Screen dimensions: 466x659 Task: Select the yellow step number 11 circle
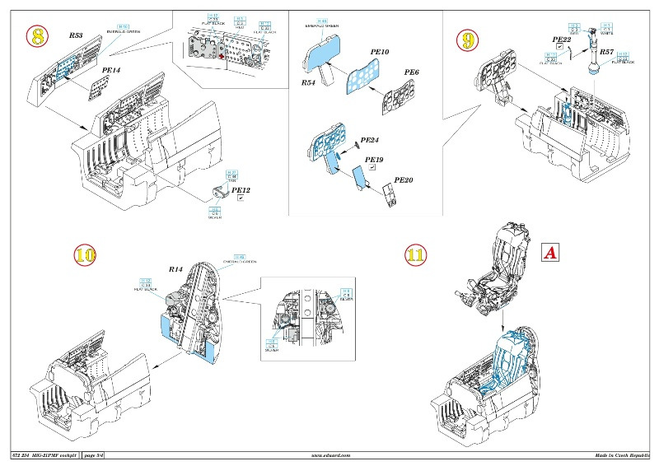(417, 255)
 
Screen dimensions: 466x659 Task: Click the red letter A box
(549, 253)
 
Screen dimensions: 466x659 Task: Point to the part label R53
(77, 37)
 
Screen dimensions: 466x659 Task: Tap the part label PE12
(241, 190)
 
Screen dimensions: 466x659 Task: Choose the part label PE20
(404, 179)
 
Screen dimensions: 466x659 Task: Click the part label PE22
(562, 39)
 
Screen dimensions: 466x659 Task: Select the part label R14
(175, 268)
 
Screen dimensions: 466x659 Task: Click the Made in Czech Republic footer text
(621, 455)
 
